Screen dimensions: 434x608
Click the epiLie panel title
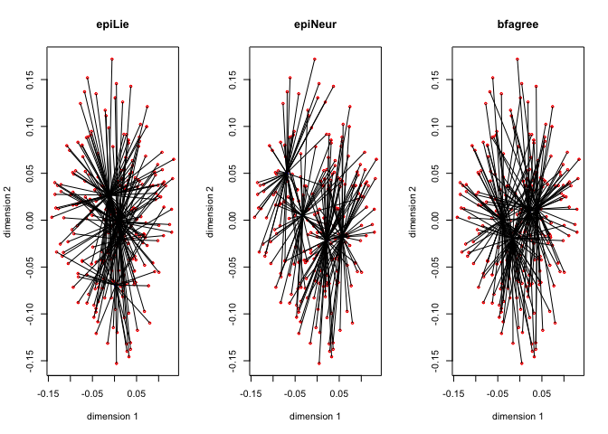click(x=112, y=24)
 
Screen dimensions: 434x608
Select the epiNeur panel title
click(x=315, y=24)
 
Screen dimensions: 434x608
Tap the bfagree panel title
click(x=518, y=24)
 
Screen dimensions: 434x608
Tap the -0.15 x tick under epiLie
click(x=49, y=393)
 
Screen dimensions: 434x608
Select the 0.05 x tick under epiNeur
click(x=339, y=393)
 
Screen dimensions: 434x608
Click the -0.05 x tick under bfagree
click(x=498, y=393)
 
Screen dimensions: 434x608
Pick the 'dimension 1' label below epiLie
click(x=112, y=416)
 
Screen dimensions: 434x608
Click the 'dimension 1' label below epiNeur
click(x=315, y=416)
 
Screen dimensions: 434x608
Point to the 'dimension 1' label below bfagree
click(x=518, y=416)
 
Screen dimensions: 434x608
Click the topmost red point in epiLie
click(x=112, y=59)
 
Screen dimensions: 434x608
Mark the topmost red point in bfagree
click(x=518, y=59)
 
